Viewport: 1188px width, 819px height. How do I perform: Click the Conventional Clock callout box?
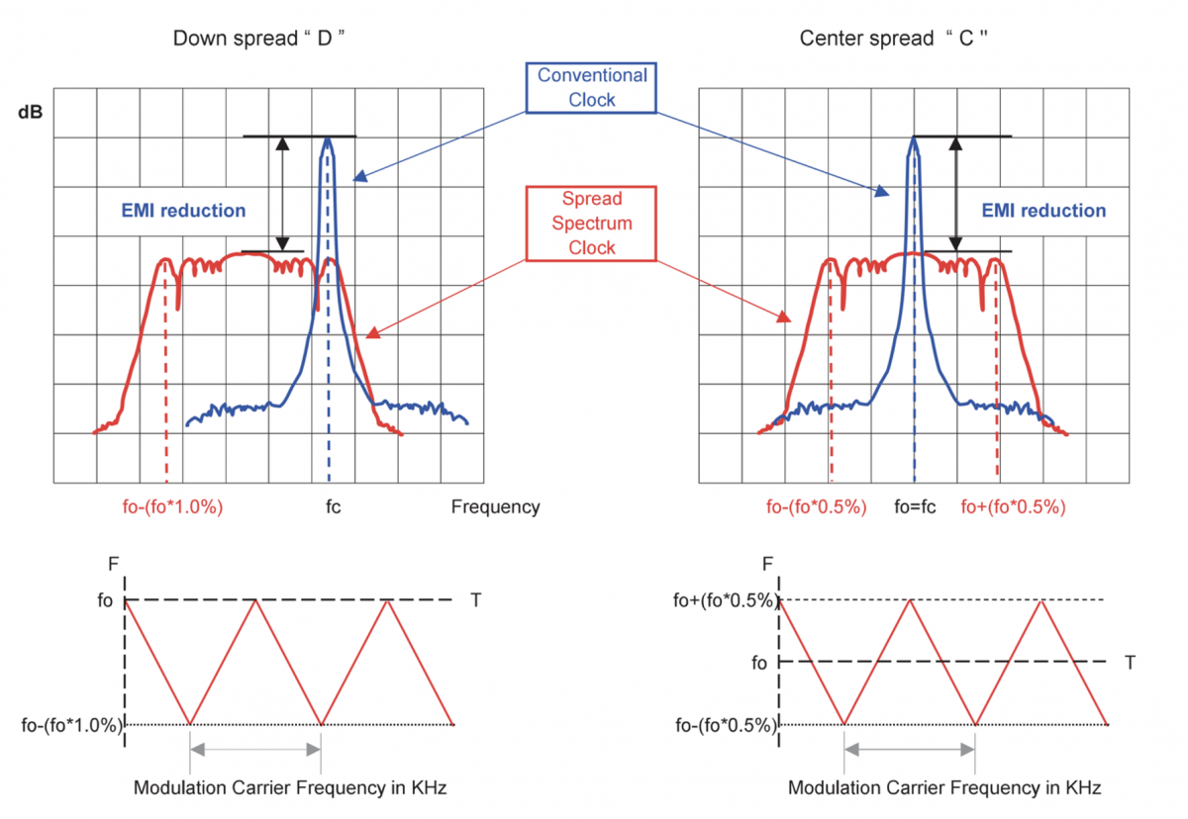(592, 87)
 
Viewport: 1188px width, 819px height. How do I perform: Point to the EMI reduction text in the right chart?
(1043, 210)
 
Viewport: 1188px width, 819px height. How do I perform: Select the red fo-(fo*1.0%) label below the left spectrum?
(166, 507)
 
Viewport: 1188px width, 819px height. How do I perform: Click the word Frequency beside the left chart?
(496, 507)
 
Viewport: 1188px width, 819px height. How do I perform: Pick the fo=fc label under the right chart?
(915, 507)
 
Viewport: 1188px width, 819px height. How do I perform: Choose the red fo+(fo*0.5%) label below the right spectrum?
(1014, 507)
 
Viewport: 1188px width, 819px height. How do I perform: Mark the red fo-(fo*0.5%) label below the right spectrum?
(817, 507)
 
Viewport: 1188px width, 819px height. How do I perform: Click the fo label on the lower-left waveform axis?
(105, 600)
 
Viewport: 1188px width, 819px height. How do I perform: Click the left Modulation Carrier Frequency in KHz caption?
(289, 788)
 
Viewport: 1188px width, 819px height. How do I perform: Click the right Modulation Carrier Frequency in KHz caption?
(944, 788)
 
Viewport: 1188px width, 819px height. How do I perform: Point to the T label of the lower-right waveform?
(1130, 663)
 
